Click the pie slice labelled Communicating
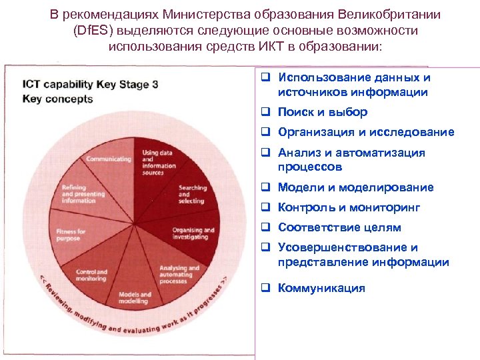(109, 160)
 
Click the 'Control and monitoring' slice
(93, 274)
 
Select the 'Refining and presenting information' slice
(81, 194)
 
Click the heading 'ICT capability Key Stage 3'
(90, 85)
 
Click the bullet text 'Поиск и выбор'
(323, 112)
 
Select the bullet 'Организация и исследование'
(366, 132)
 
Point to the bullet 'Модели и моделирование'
(355, 187)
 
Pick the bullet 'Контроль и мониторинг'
(349, 207)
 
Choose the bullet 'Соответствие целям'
(339, 227)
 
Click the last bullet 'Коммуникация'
(321, 288)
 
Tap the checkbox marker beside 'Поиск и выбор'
(265, 112)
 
